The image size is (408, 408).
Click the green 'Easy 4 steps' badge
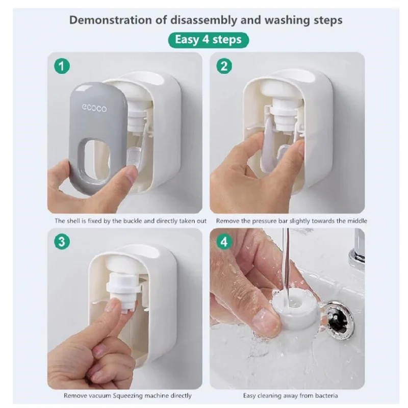pos(209,40)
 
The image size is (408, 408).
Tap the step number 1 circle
pos(62,66)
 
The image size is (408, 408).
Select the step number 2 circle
pos(224,66)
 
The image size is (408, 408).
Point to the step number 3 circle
pos(62,241)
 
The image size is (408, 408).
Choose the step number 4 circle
pos(224,242)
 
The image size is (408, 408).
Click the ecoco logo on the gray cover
pos(94,108)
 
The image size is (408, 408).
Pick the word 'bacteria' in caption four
pos(326,396)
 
